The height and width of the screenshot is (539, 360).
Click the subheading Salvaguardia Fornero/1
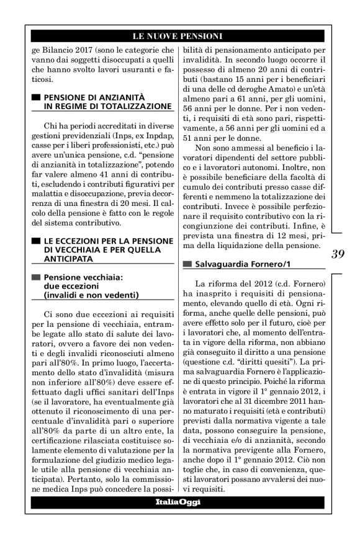(x=238, y=264)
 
